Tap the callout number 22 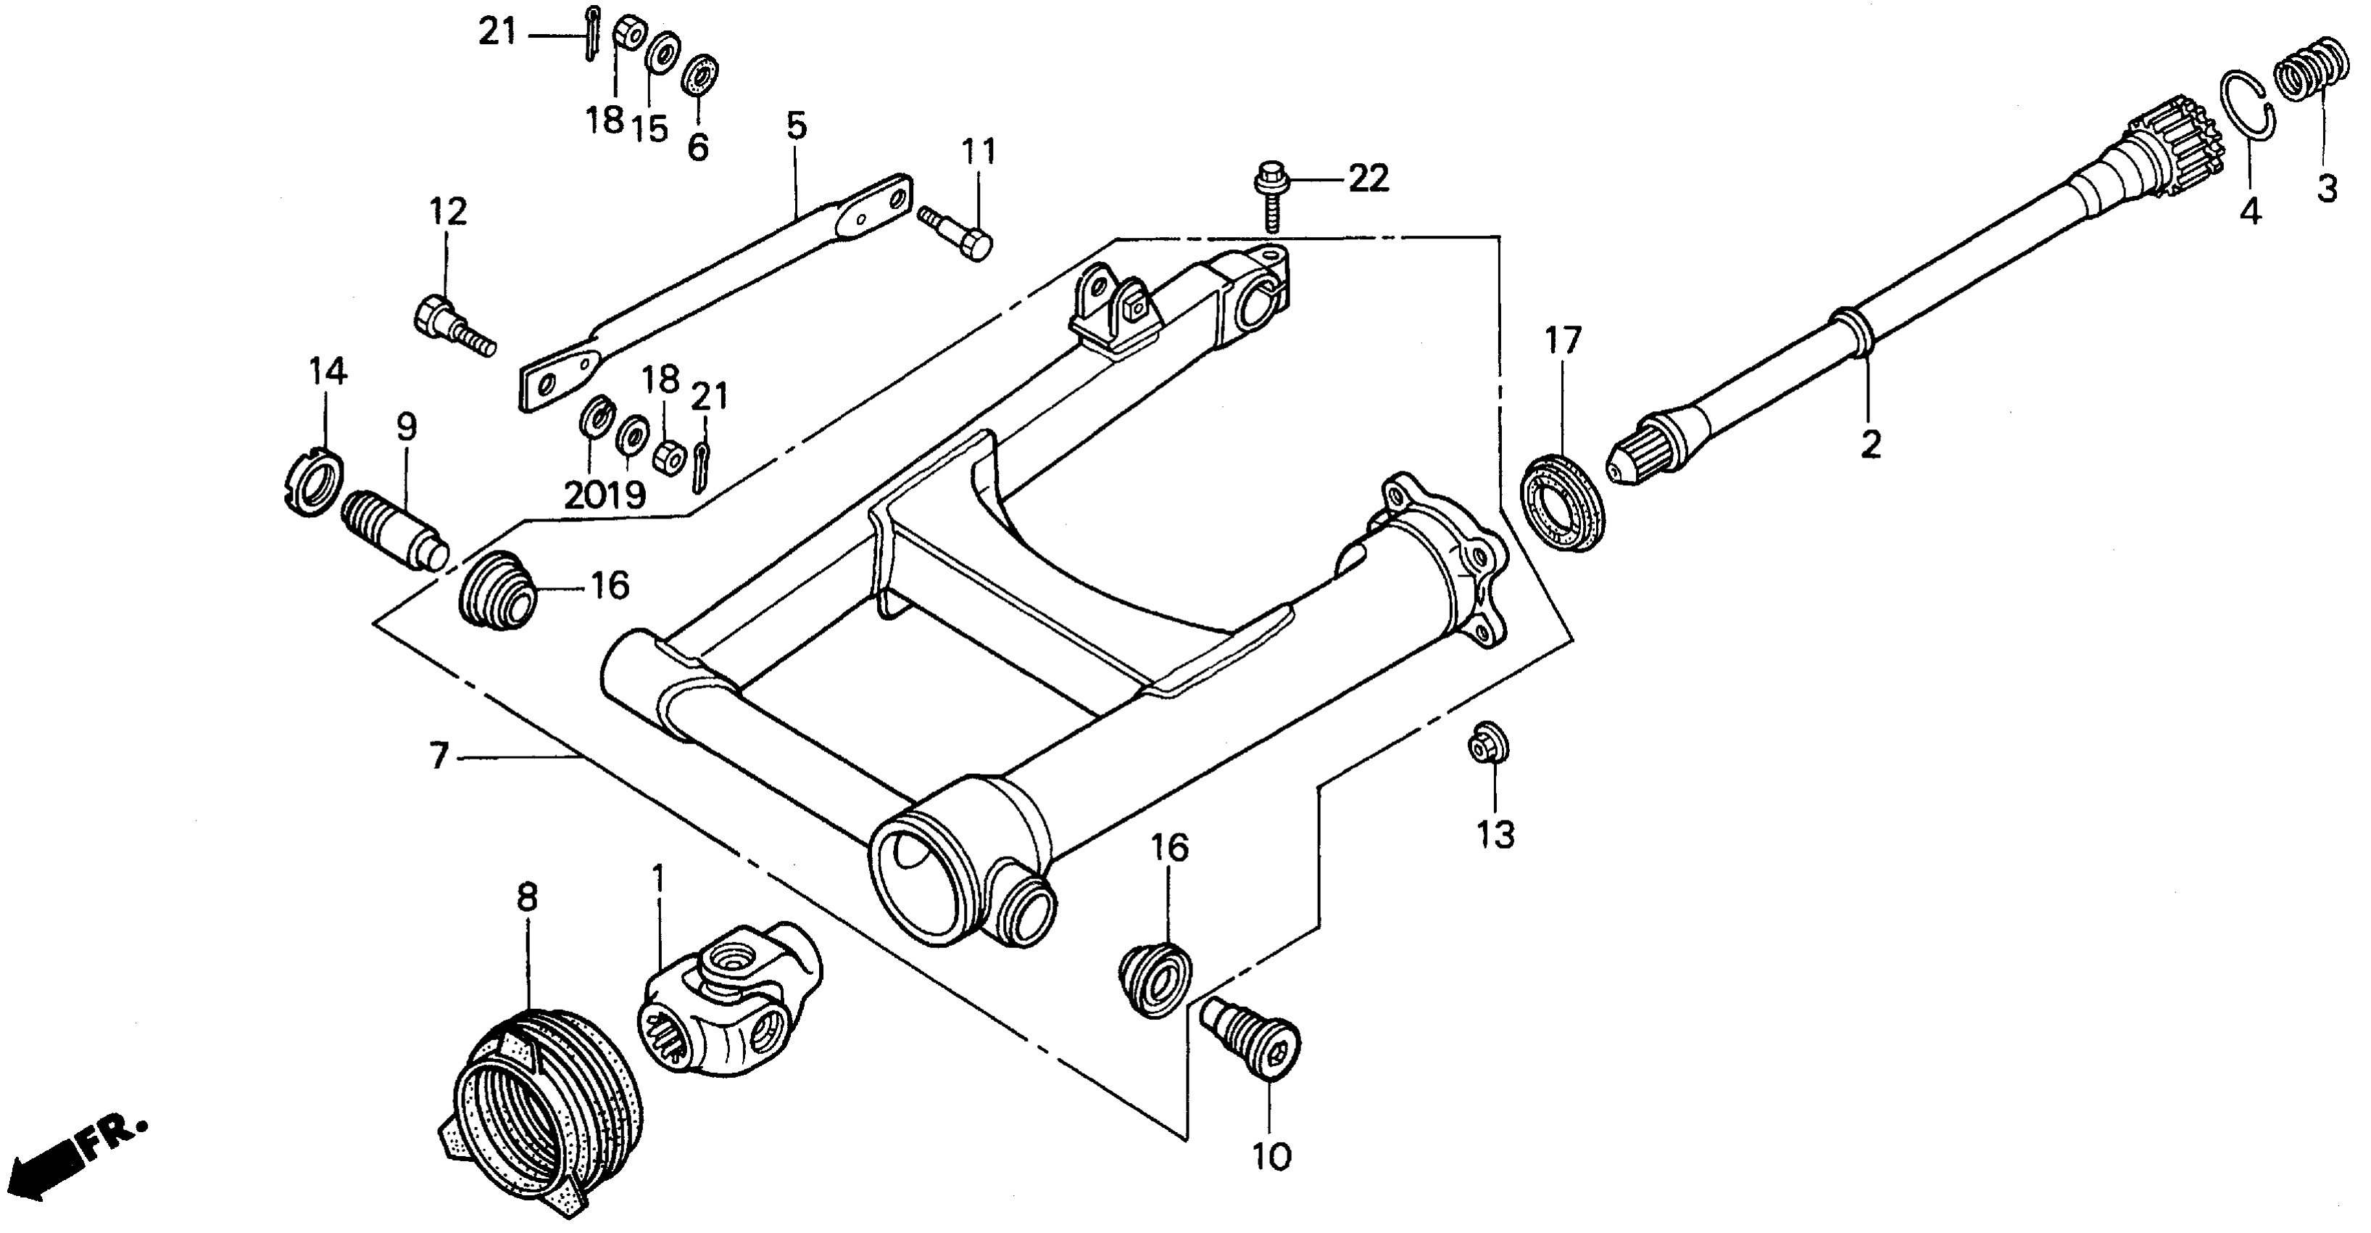1368,178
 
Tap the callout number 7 439,756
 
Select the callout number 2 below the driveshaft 1870,444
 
